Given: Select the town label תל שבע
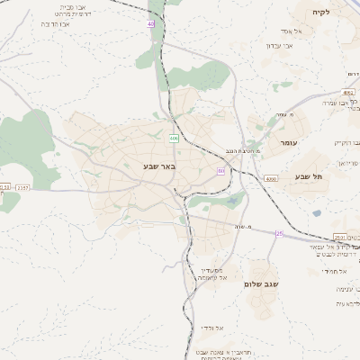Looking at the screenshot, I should (x=307, y=176).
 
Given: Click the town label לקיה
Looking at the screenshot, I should (x=321, y=13).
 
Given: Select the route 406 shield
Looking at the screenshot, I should (x=174, y=139).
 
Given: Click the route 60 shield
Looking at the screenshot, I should (x=220, y=169).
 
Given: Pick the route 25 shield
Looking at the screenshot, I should (x=279, y=234).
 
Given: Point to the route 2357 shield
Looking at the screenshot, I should (x=22, y=187).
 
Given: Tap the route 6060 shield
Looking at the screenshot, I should (x=271, y=180).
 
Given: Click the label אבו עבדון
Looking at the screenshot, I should (x=276, y=46).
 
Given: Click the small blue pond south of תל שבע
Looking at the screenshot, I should (x=316, y=213).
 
